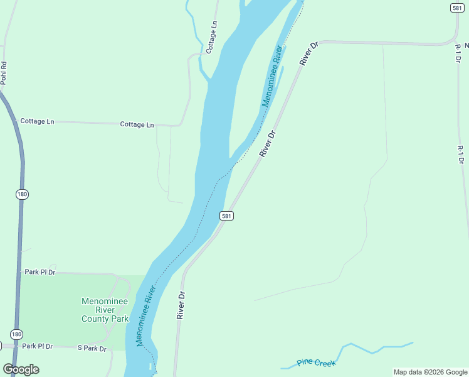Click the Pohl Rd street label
[x=4, y=73]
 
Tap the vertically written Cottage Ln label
[x=213, y=37]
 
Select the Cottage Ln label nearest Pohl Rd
[x=37, y=121]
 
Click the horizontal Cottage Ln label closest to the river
[x=137, y=125]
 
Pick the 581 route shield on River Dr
[x=226, y=216]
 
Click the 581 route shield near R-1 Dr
[x=456, y=7]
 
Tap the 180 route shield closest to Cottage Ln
[x=22, y=194]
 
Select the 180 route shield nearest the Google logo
[x=16, y=334]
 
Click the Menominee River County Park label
[x=105, y=310]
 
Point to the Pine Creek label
[x=317, y=363]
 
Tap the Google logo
[x=21, y=369]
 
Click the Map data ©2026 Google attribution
[x=430, y=372]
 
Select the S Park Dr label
[x=92, y=347]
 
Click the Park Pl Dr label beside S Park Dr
[x=37, y=346]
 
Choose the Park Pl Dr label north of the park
[x=40, y=272]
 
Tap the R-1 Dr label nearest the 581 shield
[x=459, y=53]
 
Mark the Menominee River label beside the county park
[x=145, y=316]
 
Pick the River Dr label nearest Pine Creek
[x=181, y=305]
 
